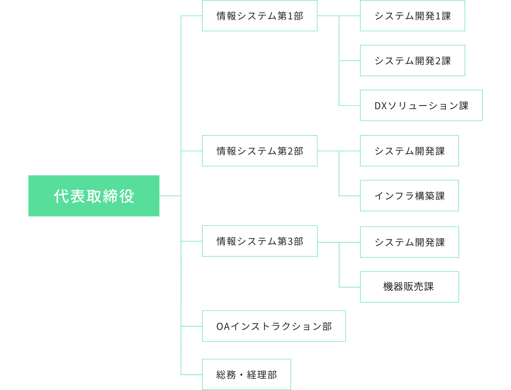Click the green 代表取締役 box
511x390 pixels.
(94, 196)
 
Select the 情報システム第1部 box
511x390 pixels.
(259, 16)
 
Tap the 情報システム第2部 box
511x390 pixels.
(259, 151)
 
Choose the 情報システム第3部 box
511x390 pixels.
(259, 241)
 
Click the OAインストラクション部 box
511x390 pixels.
(274, 326)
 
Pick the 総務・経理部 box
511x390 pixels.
(246, 375)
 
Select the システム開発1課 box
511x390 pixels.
(412, 16)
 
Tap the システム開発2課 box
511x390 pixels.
(412, 61)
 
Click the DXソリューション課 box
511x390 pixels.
(421, 105)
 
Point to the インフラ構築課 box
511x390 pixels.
(409, 196)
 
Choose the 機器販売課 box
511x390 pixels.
(409, 287)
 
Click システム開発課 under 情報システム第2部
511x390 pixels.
(409, 151)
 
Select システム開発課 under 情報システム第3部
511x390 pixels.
(409, 242)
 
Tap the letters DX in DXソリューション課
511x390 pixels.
(380, 106)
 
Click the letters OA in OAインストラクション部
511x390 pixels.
(223, 326)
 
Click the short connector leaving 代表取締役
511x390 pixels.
(170, 196)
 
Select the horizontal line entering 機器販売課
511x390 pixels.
(350, 287)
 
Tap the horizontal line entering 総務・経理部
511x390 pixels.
(192, 375)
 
